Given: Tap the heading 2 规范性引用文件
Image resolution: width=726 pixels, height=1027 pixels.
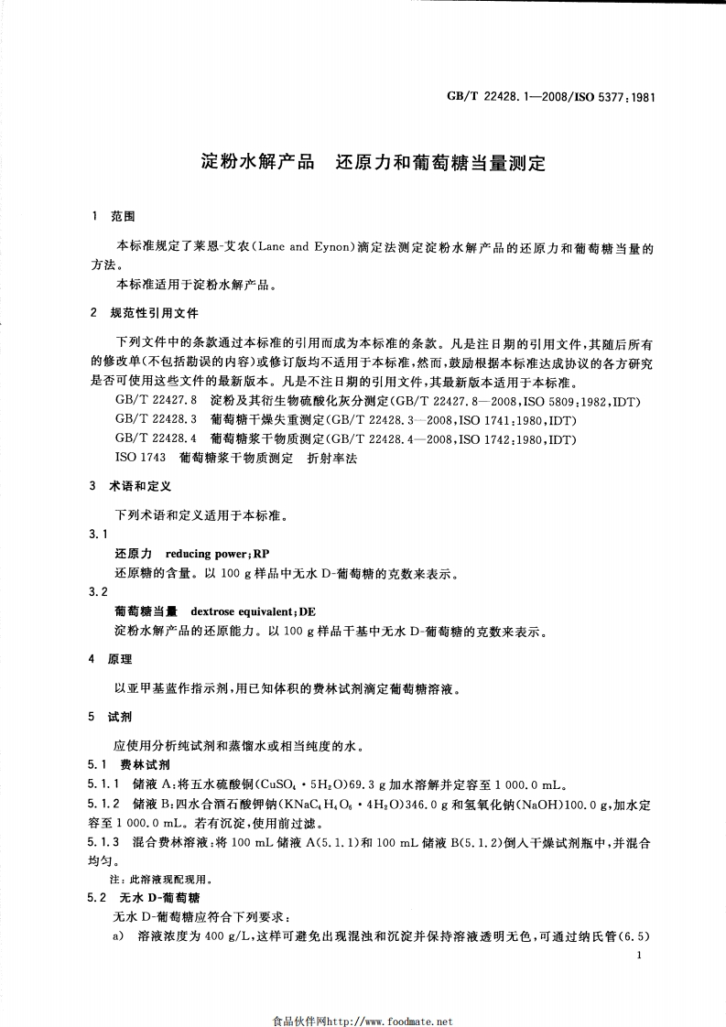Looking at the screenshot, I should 146,312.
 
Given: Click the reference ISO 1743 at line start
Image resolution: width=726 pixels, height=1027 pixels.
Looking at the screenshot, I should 139,457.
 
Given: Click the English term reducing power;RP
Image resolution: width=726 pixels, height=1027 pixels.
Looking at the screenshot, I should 217,555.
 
